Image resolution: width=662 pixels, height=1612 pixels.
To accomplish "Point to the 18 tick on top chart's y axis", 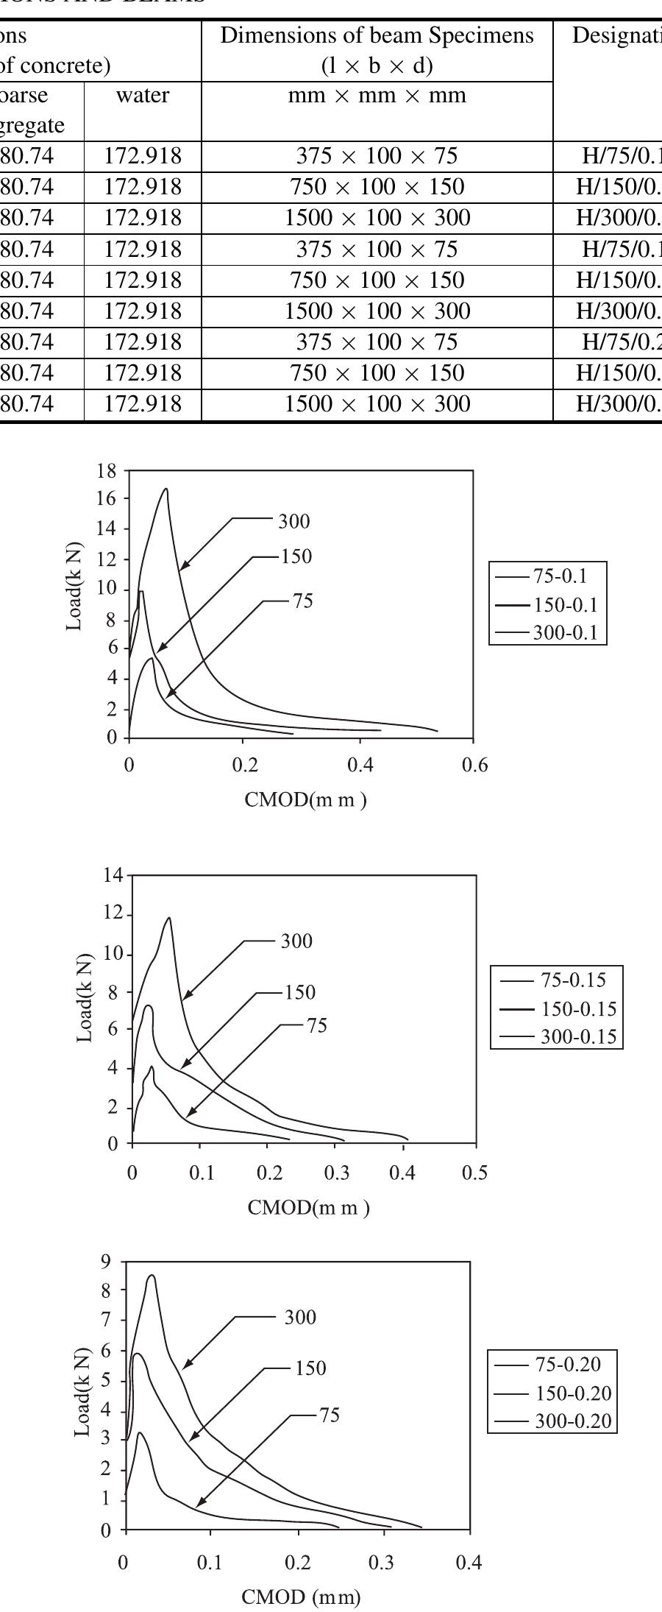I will (107, 471).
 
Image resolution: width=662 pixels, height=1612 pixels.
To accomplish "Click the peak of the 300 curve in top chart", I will (166, 489).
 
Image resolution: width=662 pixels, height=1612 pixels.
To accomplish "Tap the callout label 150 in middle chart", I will (299, 992).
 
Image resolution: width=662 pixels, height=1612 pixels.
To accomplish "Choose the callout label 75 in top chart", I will (302, 601).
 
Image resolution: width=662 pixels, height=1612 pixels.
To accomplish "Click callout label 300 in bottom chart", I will (300, 1317).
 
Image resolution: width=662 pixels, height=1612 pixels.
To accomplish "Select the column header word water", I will (143, 96).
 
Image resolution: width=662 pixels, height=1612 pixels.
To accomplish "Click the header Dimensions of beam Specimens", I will (377, 36).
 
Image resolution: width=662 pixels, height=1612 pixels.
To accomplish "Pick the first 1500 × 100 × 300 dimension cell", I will (377, 218).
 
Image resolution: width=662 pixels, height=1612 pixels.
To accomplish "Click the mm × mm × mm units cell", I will (377, 96).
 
